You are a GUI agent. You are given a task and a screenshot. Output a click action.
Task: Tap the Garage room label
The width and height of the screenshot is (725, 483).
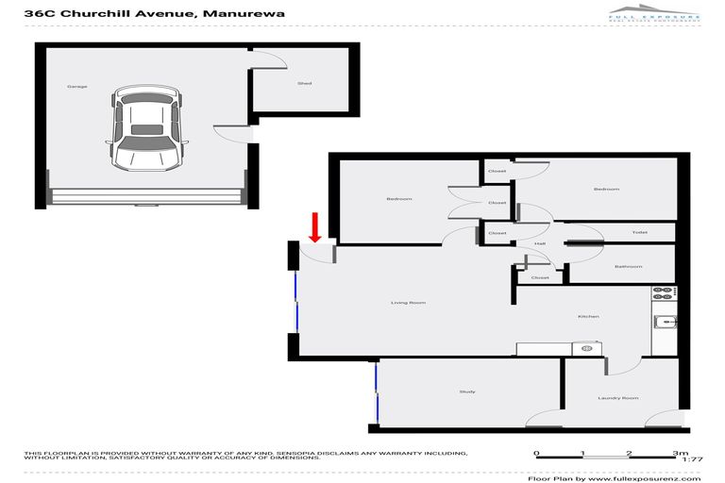pos(76,87)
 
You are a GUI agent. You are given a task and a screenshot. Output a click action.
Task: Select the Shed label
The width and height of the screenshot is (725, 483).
pos(304,84)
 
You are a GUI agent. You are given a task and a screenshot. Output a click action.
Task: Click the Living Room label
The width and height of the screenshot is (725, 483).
pos(409,303)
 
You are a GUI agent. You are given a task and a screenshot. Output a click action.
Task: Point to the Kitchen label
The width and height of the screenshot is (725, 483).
pos(588,316)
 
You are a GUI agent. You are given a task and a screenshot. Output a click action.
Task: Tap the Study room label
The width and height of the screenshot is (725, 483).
pos(467,391)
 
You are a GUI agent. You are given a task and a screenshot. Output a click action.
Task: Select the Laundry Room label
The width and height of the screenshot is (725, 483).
pos(618,398)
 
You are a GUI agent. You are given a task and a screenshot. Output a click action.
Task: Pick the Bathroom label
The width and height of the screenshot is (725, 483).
pos(628,267)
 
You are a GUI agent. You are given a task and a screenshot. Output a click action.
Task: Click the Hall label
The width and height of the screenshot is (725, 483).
pos(540,244)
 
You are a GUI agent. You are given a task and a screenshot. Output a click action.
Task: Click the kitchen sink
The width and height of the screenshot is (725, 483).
pos(666,322)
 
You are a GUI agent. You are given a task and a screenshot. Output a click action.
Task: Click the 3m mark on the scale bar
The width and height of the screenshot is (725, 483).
pos(681,454)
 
